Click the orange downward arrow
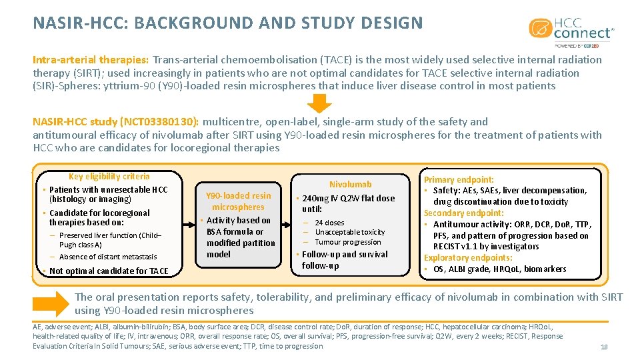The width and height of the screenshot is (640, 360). (320, 103)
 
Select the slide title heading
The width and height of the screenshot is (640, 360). (228, 23)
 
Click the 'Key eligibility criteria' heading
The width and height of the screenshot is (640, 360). (109, 177)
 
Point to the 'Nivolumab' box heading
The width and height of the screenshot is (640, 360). (350, 184)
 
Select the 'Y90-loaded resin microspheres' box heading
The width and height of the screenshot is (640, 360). (238, 201)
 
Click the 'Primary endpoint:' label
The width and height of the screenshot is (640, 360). (459, 179)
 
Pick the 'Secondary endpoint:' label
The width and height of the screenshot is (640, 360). (465, 213)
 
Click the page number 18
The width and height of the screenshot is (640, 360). (604, 347)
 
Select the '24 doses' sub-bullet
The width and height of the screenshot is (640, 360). (329, 223)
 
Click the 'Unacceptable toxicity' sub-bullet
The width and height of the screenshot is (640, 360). (349, 232)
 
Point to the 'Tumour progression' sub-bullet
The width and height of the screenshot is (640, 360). (347, 242)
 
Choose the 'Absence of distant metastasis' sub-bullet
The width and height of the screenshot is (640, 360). (107, 257)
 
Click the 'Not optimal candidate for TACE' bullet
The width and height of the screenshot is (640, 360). (109, 271)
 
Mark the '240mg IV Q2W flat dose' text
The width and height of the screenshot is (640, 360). (348, 198)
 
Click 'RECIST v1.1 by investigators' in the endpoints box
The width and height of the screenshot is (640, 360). (479, 247)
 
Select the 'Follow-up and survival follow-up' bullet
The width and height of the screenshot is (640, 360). (344, 260)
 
